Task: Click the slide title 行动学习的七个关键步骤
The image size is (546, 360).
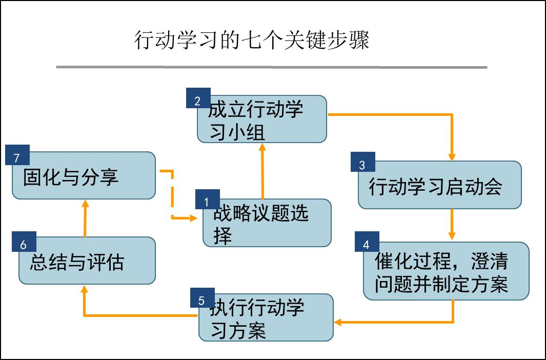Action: (252, 40)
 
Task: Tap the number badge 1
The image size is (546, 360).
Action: (207, 201)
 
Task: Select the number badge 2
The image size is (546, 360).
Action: (198, 100)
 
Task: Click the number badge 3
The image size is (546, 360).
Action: (362, 164)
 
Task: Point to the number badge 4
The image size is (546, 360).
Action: (366, 244)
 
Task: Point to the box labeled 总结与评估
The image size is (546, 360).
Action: (87, 262)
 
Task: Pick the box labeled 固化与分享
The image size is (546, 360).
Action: (84, 176)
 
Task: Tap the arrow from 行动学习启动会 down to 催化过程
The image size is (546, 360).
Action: (452, 224)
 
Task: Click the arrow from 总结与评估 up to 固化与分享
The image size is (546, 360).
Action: (85, 218)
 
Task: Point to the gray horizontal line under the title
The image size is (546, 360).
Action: (271, 67)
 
